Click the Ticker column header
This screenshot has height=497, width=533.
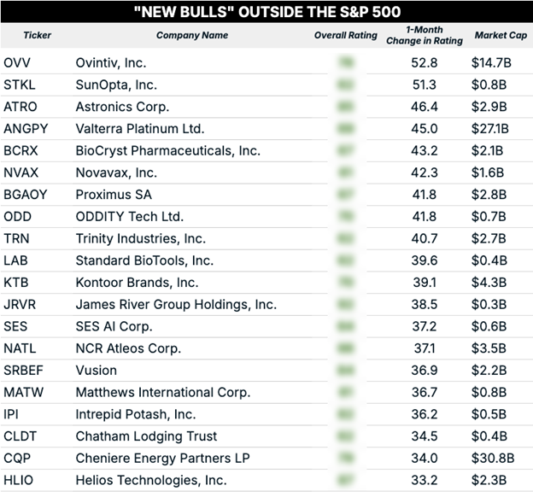pos(37,36)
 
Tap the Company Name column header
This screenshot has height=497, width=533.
pos(192,36)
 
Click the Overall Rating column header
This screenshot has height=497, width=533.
pos(346,36)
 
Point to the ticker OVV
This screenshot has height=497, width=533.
pos(17,63)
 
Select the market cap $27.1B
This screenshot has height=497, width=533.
pos(491,129)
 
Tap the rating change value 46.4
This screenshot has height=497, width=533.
pos(424,107)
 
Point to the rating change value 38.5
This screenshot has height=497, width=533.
pos(424,304)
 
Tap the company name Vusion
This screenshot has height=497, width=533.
pos(97,371)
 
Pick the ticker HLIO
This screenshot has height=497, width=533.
pos(19,480)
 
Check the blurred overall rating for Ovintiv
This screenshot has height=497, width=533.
pos(346,63)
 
